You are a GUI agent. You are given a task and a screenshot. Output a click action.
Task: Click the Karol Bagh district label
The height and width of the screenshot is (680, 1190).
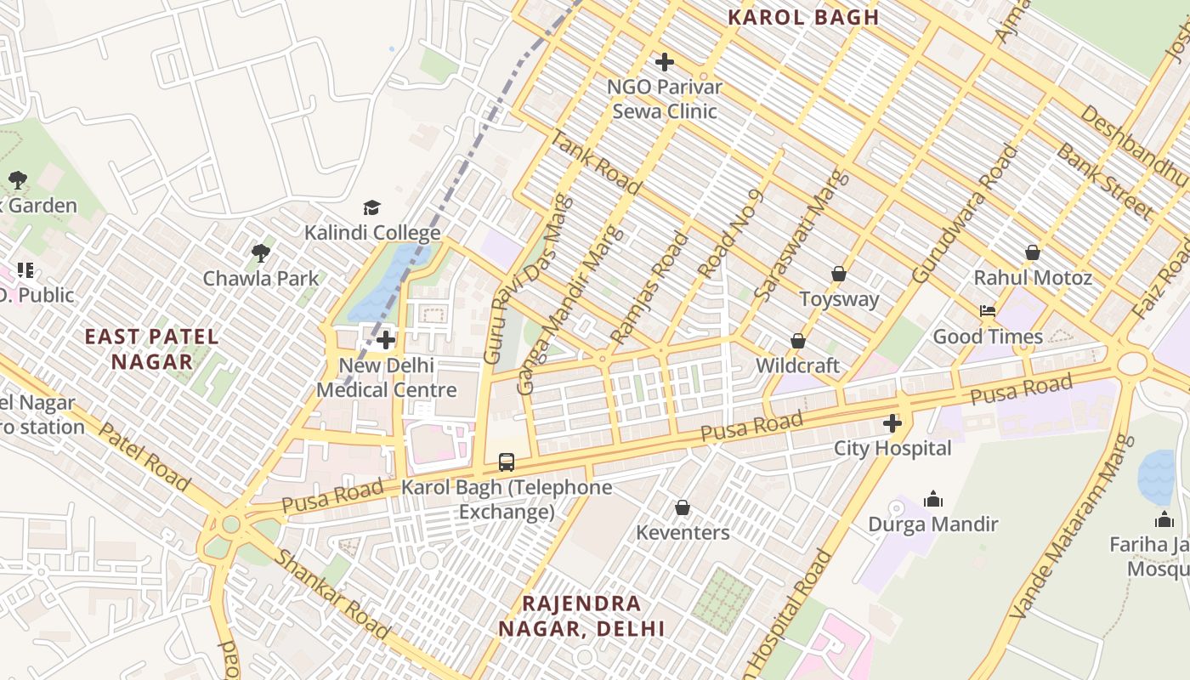pyautogui.click(x=803, y=17)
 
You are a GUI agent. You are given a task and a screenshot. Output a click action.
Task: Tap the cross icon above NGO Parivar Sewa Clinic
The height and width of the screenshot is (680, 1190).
pyautogui.click(x=665, y=62)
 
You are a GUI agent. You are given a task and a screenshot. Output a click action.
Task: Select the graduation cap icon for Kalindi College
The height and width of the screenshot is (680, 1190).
pyautogui.click(x=371, y=208)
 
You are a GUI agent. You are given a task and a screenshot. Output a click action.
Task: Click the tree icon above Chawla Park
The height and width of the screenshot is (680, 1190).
pyautogui.click(x=261, y=252)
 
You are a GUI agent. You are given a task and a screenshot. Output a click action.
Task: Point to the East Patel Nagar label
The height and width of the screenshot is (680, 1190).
pyautogui.click(x=152, y=348)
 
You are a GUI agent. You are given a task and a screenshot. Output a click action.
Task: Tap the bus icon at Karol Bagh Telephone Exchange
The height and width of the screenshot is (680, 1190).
pyautogui.click(x=507, y=462)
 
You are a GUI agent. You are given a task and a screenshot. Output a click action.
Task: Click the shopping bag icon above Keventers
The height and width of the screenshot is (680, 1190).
pyautogui.click(x=682, y=508)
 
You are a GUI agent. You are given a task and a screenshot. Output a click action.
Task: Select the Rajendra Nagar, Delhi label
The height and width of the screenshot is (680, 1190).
pyautogui.click(x=581, y=616)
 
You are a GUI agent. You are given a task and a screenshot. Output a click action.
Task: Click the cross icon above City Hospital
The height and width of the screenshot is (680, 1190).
pyautogui.click(x=892, y=423)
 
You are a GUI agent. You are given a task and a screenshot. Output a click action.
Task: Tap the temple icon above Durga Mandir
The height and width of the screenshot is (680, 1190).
pyautogui.click(x=933, y=499)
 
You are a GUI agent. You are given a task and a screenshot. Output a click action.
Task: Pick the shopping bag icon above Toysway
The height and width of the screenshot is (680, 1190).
pyautogui.click(x=839, y=274)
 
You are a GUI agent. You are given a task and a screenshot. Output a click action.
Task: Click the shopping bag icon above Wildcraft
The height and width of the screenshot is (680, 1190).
pyautogui.click(x=797, y=341)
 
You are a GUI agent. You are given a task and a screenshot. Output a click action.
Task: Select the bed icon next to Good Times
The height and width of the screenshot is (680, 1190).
pyautogui.click(x=988, y=311)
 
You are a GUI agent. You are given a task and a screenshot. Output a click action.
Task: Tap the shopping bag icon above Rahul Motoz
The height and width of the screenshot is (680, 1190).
pyautogui.click(x=1033, y=252)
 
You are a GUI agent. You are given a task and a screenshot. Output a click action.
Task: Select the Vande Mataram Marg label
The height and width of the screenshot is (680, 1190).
pyautogui.click(x=1073, y=527)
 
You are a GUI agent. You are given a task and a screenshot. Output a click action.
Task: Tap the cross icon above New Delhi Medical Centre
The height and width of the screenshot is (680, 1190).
pyautogui.click(x=386, y=340)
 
